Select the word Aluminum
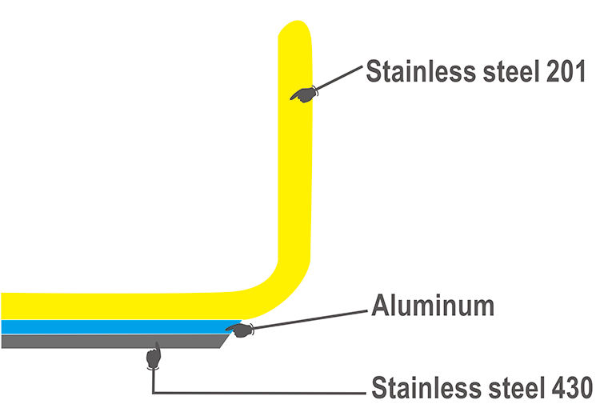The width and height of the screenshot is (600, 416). point(432,306)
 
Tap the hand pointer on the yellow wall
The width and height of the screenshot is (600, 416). point(302,95)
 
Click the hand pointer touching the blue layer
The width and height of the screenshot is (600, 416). point(238,328)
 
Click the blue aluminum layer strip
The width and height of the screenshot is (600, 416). point(112,326)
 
